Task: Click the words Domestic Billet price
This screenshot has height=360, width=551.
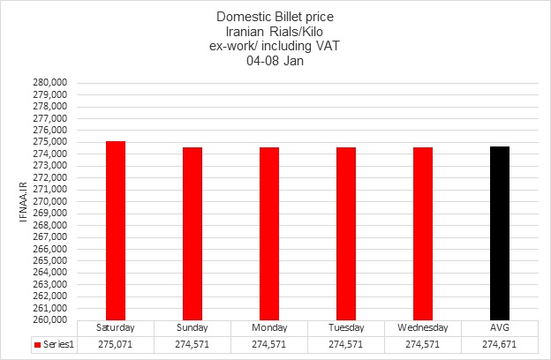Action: tap(275, 17)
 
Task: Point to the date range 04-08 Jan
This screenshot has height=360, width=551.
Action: tap(275, 62)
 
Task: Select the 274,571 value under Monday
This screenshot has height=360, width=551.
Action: tap(269, 344)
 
